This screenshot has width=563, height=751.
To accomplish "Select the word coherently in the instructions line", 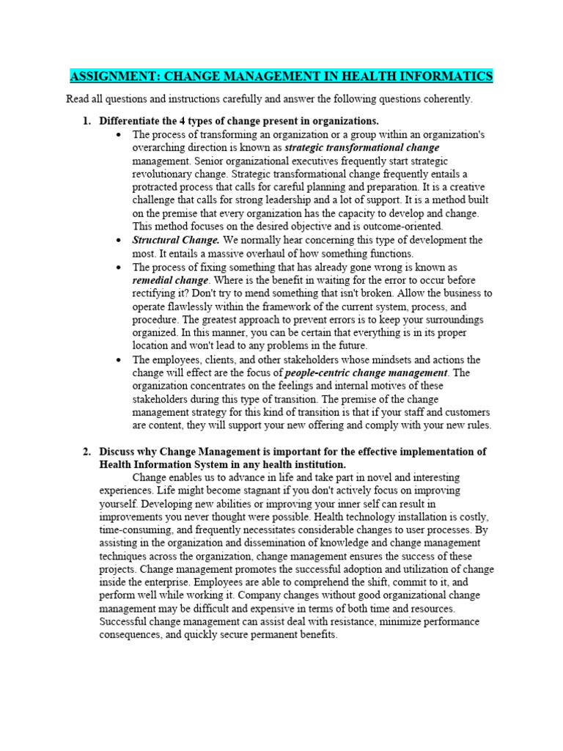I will point(438,99).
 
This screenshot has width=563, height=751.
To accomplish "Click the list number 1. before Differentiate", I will point(87,120).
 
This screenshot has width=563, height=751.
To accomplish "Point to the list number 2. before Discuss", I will point(87,452).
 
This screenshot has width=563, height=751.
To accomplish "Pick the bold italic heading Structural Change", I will point(176,240).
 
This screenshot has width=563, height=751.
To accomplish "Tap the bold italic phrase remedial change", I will point(170,280).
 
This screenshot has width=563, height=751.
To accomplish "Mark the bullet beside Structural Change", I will point(119,241).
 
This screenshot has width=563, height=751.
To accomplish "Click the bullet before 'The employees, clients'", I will point(119,360).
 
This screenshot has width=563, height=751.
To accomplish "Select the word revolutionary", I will point(165,174).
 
